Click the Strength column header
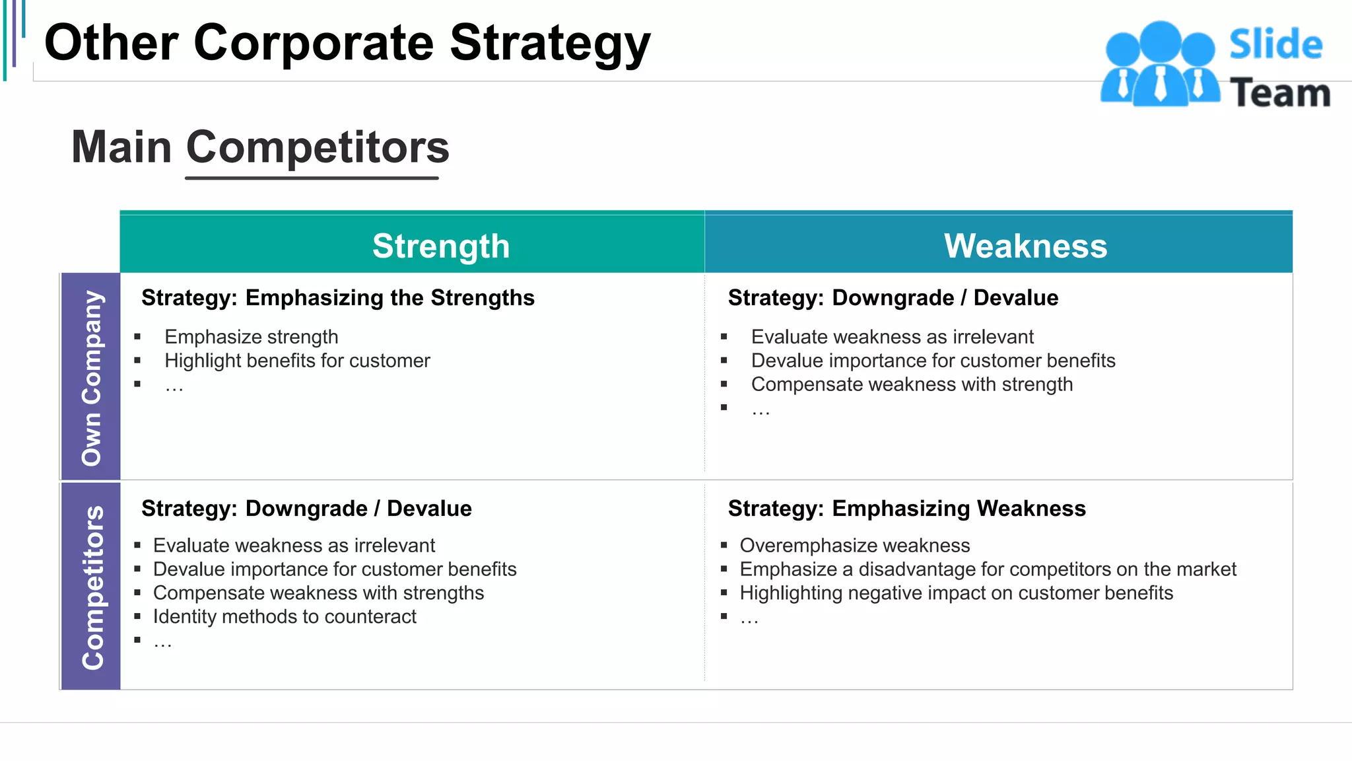(x=441, y=246)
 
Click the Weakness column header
(x=1025, y=246)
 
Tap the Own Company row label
(x=91, y=377)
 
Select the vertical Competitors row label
(x=92, y=587)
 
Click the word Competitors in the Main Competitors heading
(x=318, y=147)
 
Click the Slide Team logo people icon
(x=1160, y=65)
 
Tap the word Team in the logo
(x=1279, y=92)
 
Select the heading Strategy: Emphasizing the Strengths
(x=337, y=298)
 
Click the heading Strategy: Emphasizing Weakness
(x=906, y=509)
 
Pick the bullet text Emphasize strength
(x=251, y=337)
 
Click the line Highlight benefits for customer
(x=297, y=361)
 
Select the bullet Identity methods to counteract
(x=285, y=617)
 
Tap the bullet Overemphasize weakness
(x=854, y=546)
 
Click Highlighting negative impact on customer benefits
(x=956, y=593)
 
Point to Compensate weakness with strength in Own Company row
(x=912, y=384)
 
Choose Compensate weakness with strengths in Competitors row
(x=318, y=593)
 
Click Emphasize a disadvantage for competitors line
(x=988, y=569)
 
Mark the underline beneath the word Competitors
(x=312, y=178)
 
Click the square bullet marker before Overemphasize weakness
(x=724, y=546)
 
